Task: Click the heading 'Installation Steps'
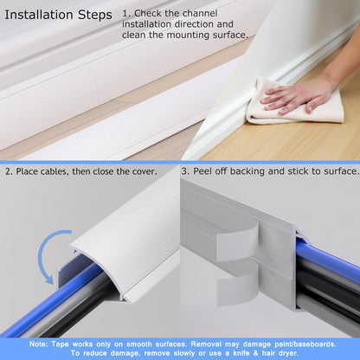tap(58, 16)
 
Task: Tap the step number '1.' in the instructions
tap(127, 15)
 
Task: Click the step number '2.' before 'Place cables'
tap(10, 171)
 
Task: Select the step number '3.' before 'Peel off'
tap(186, 171)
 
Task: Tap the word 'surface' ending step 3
tap(337, 171)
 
